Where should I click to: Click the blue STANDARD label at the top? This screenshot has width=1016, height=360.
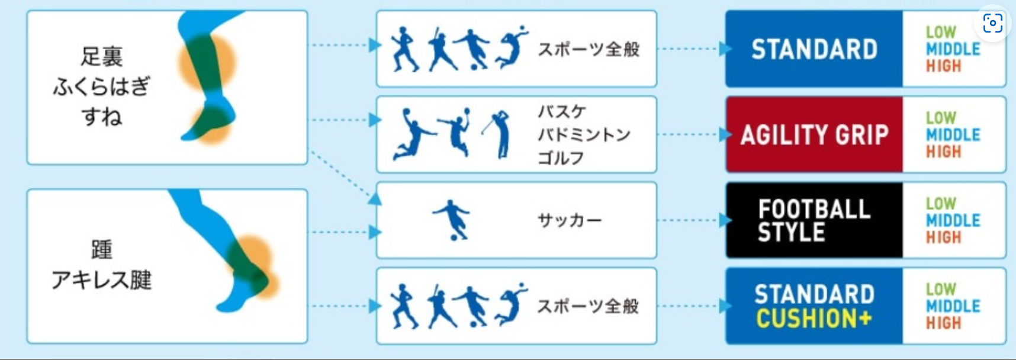click(x=814, y=49)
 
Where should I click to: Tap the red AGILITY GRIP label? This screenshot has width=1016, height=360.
click(x=814, y=135)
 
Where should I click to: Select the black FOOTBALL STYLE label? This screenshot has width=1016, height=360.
click(x=814, y=220)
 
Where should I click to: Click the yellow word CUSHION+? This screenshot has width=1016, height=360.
click(x=814, y=319)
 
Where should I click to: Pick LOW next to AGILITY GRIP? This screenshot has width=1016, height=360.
click(x=941, y=118)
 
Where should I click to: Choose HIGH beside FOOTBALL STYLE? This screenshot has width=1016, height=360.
click(x=943, y=237)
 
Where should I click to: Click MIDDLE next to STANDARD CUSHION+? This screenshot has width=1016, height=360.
click(x=953, y=306)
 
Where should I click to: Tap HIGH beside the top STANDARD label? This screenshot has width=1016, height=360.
click(x=943, y=66)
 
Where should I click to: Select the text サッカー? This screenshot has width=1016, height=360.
click(x=569, y=220)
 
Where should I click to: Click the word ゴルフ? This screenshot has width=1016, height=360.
click(x=560, y=158)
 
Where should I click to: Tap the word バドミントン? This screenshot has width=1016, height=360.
click(x=583, y=135)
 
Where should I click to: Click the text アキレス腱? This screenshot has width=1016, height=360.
click(x=101, y=279)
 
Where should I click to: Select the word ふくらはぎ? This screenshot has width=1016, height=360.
click(x=101, y=87)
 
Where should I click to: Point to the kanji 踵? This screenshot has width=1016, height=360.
click(x=101, y=249)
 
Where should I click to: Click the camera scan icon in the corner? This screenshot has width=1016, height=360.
click(x=992, y=23)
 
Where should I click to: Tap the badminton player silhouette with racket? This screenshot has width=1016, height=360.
click(x=455, y=133)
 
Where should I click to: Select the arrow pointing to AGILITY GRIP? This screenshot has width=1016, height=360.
click(x=693, y=134)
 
